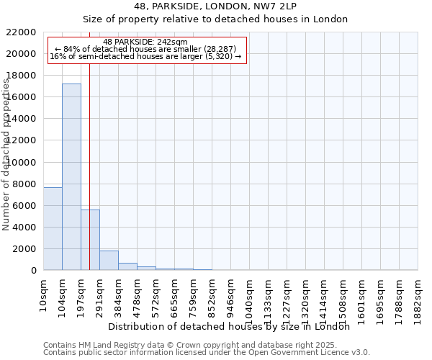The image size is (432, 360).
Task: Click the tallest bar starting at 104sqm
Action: pyautogui.click(x=71, y=176)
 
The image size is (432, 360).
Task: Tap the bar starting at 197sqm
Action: pyautogui.click(x=90, y=240)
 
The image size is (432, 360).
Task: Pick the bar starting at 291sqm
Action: pyautogui.click(x=109, y=260)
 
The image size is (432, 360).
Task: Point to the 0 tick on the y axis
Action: pyautogui.click(x=33, y=271)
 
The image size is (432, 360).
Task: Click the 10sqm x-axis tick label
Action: pyautogui.click(x=44, y=294)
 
